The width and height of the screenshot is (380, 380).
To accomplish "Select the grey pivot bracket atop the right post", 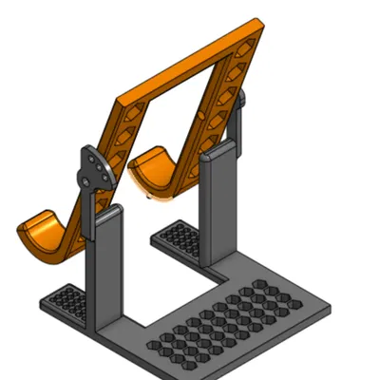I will click(x=238, y=106).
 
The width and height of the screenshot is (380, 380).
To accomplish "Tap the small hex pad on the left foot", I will click(x=66, y=302).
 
